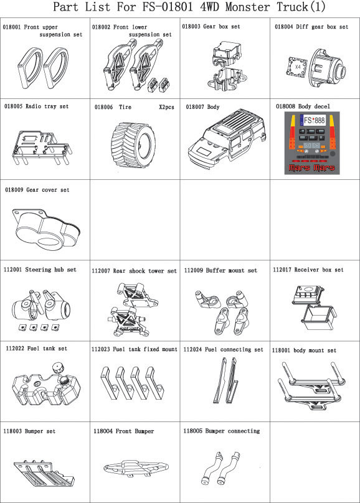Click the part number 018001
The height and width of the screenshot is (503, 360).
pos(12,27)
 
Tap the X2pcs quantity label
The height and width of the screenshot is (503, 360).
pos(166,107)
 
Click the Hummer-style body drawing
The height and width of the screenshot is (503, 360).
pos(227,136)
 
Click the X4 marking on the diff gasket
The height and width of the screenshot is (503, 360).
pos(298,67)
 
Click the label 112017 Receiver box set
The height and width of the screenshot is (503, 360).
pos(308,270)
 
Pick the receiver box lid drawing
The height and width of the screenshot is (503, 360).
pos(308,294)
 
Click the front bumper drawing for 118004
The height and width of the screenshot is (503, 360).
pos(136,468)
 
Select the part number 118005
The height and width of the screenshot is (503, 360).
pos(192,431)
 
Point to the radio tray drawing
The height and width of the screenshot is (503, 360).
pos(42,148)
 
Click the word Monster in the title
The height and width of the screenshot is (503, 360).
pos(247,7)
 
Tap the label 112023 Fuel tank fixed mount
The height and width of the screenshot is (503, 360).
pos(134,349)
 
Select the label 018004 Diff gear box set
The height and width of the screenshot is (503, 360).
pos(311,27)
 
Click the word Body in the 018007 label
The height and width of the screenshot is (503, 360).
pos(213,107)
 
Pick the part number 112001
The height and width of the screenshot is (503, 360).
pos(13,270)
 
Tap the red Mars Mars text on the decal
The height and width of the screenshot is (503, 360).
pos(312,167)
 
